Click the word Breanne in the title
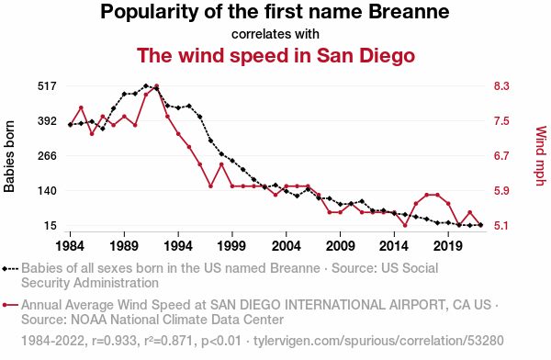(x=409, y=11)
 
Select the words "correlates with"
(x=275, y=34)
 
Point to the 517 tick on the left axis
(x=47, y=86)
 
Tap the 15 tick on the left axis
(x=51, y=226)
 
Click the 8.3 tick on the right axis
(x=501, y=86)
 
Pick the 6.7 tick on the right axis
(x=501, y=156)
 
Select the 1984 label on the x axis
(x=70, y=246)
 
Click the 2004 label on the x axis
(x=286, y=246)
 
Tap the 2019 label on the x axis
(x=448, y=246)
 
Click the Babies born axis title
(x=9, y=156)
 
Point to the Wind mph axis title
(x=541, y=156)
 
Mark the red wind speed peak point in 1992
(x=157, y=85)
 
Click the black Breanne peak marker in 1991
(x=146, y=85)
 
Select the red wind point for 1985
(x=81, y=107)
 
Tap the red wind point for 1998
(x=221, y=164)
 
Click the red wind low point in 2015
(x=405, y=225)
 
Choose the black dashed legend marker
(x=10, y=269)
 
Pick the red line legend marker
(x=10, y=305)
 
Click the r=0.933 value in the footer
(x=114, y=341)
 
